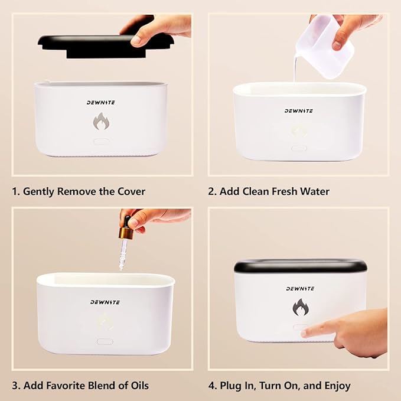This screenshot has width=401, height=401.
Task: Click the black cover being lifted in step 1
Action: pos(105,46)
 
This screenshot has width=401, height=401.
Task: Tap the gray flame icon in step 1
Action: pos(101,121)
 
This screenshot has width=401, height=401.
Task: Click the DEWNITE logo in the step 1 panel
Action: pos(101,103)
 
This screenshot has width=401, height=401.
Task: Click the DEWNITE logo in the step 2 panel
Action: pos(299,111)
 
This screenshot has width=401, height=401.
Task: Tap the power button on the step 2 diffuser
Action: pos(299,148)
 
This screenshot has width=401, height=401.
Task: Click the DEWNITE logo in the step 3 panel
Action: pos(105,302)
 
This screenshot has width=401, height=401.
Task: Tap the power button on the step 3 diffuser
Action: pos(105,341)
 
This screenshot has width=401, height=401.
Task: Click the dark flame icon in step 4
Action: pos(301,307)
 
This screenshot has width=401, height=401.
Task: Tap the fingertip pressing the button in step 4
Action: pos(305,332)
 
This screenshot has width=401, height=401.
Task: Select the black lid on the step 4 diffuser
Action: pos(300,266)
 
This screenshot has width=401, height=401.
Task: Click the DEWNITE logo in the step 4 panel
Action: pos(300,289)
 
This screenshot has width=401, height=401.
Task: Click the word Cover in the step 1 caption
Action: pos(131,191)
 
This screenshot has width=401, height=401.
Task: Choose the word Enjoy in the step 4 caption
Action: pos(337,386)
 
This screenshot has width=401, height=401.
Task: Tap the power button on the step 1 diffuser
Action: pos(102,141)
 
